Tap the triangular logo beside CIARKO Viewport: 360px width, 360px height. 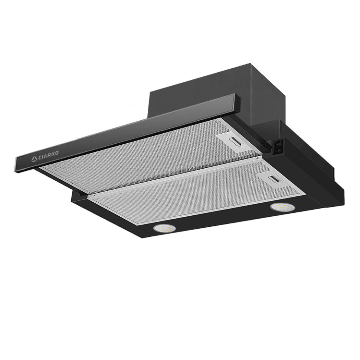pyautogui.click(x=35, y=159)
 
